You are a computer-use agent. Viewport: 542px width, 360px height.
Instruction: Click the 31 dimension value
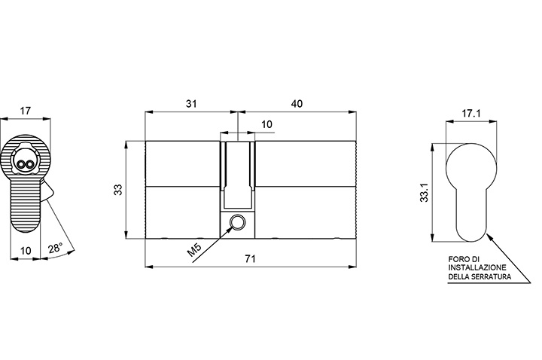click(191, 103)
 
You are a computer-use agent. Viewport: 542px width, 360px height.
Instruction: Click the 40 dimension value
click(297, 103)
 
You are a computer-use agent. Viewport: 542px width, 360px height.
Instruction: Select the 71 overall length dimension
click(250, 258)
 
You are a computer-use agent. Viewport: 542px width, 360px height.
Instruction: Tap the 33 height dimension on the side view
click(119, 190)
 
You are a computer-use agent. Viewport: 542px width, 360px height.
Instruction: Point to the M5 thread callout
click(194, 250)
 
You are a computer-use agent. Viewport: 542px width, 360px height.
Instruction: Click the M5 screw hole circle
click(237, 221)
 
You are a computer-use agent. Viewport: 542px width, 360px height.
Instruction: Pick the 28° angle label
click(55, 248)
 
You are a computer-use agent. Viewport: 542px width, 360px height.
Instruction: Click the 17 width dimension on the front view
click(26, 111)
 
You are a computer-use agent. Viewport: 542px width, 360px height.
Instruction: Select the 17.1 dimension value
click(471, 113)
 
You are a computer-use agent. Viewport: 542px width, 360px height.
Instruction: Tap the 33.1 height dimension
click(424, 193)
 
